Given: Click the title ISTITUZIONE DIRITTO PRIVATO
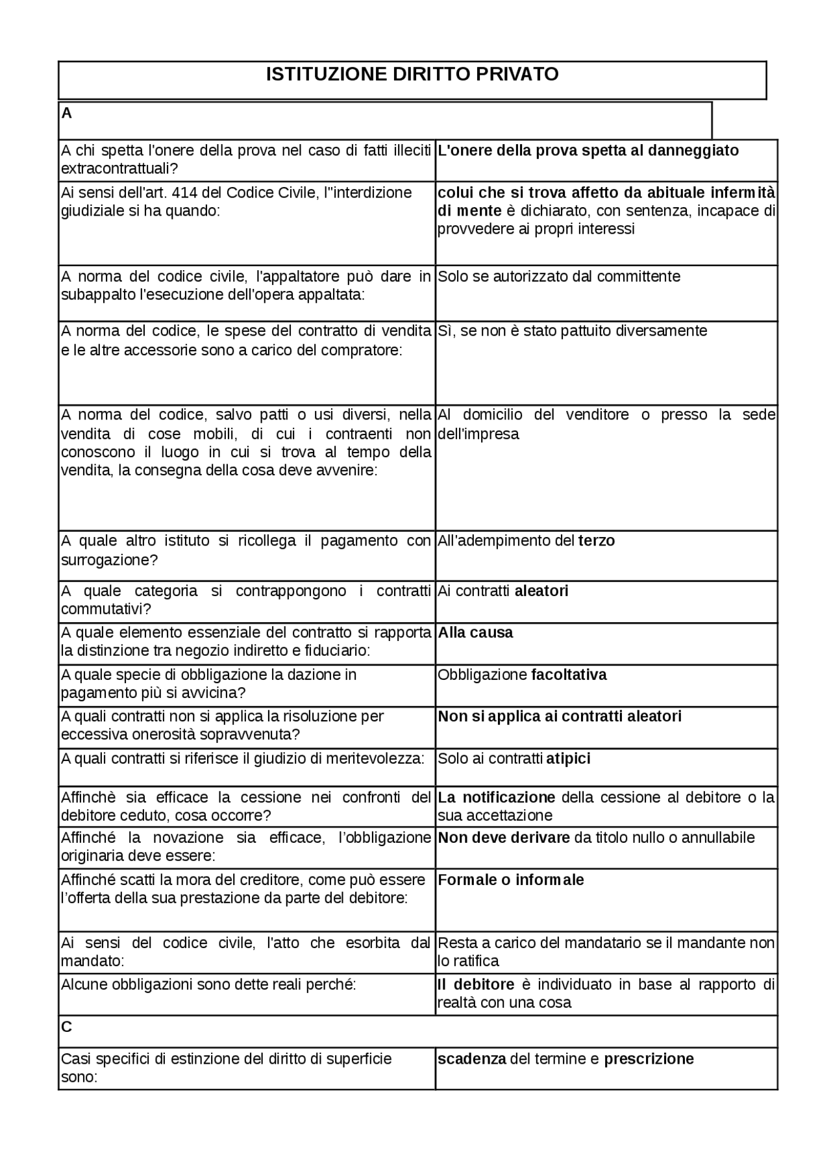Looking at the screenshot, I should coord(412,75).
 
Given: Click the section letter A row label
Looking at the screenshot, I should coord(66,114).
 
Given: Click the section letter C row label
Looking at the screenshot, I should coord(66,1027).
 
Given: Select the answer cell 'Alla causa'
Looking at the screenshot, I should coord(475,632).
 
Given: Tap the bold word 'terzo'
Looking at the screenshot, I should coord(596,540).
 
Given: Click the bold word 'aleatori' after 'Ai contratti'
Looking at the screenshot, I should coord(541,591).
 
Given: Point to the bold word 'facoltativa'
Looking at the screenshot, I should coord(569,675).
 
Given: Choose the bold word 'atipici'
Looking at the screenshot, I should coord(568,758).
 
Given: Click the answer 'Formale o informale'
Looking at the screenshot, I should coord(511,880).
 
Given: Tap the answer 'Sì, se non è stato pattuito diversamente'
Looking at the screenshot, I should coord(572,331).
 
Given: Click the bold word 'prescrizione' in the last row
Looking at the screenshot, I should coord(649,1059).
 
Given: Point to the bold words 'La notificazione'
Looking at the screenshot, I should coord(497,797).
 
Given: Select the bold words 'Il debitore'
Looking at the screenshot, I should coord(476,984).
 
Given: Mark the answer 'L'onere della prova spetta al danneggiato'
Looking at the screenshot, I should coord(588,151).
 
